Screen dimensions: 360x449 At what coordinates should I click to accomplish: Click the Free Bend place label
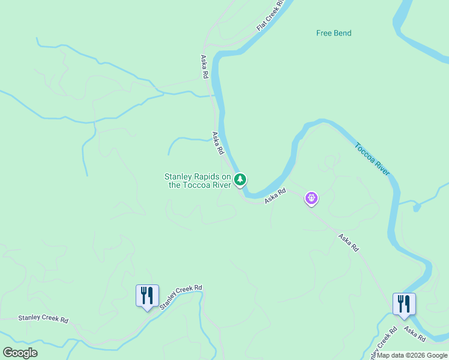[334, 33]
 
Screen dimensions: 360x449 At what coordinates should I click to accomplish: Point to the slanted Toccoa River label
[372, 158]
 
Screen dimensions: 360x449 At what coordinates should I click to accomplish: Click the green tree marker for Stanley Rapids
[240, 179]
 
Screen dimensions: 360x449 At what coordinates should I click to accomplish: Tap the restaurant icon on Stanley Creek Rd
[147, 295]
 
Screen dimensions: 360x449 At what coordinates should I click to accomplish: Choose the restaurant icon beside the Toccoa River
[404, 304]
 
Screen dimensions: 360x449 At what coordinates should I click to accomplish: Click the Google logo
[20, 352]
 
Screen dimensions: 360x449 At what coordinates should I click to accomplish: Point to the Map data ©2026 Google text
[412, 355]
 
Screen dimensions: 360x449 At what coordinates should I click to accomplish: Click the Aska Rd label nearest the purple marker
[275, 195]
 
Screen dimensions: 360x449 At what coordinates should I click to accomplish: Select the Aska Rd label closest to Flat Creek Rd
[204, 67]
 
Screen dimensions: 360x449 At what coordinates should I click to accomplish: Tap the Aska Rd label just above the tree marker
[217, 143]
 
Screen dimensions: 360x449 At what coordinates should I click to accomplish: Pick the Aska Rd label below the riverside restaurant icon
[415, 334]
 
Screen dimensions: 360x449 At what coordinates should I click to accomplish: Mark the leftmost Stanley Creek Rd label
[43, 318]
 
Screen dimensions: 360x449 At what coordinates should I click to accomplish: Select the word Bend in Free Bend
[342, 33]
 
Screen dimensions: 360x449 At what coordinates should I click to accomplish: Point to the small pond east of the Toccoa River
[416, 207]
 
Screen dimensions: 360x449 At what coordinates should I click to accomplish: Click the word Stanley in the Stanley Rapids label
[178, 176]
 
